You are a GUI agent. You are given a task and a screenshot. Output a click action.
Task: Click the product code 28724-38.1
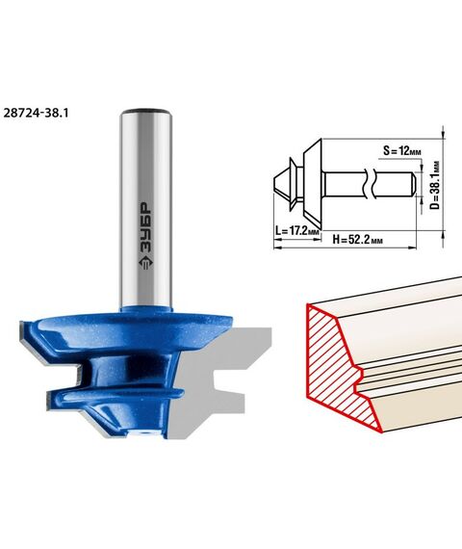point(36,113)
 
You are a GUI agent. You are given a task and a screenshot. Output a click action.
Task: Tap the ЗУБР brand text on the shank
point(145,227)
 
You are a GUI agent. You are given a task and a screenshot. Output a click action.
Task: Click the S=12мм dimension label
point(401,151)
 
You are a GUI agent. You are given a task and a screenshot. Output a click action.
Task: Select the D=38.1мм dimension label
point(435,185)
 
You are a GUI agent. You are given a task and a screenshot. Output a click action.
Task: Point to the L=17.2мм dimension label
point(297,231)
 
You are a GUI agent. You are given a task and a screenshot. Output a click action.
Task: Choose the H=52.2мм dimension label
point(357,240)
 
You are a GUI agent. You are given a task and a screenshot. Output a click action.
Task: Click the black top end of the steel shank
point(145,109)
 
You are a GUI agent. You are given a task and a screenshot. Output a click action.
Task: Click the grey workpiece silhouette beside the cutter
point(210,379)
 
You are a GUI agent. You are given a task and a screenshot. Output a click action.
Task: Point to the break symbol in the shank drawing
point(369,183)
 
